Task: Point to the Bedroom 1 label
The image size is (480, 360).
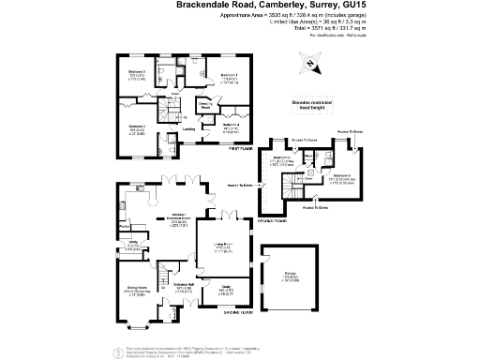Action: point(229,75)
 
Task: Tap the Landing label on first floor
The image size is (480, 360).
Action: point(188,129)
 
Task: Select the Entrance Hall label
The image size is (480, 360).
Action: point(182,287)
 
